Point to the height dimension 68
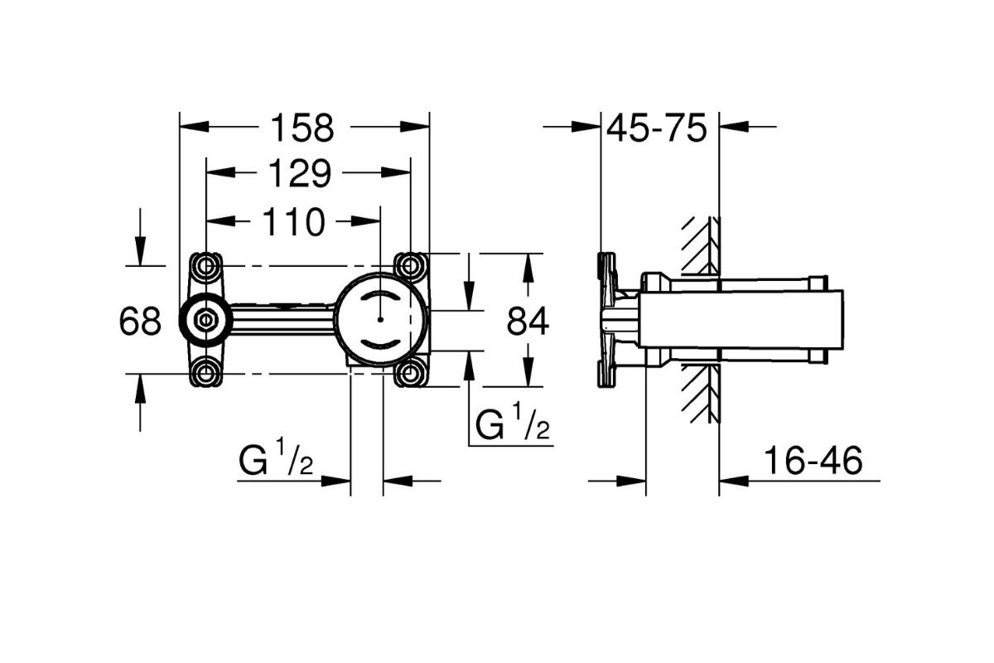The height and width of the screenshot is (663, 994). pyautogui.click(x=139, y=321)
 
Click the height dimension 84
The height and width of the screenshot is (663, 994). pyautogui.click(x=527, y=321)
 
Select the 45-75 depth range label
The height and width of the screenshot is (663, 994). pyautogui.click(x=656, y=128)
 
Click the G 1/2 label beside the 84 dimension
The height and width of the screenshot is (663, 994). pyautogui.click(x=513, y=424)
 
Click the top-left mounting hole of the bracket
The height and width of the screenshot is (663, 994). pyautogui.click(x=205, y=265)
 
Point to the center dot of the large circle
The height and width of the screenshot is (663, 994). pyautogui.click(x=379, y=319)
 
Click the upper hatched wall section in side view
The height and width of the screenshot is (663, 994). pyautogui.click(x=700, y=245)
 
